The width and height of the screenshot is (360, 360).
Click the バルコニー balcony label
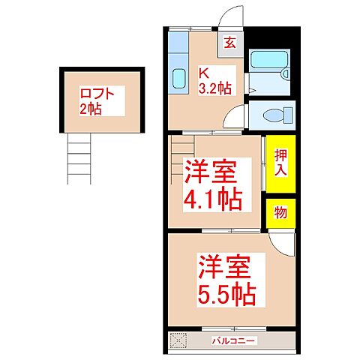click(232, 341)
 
